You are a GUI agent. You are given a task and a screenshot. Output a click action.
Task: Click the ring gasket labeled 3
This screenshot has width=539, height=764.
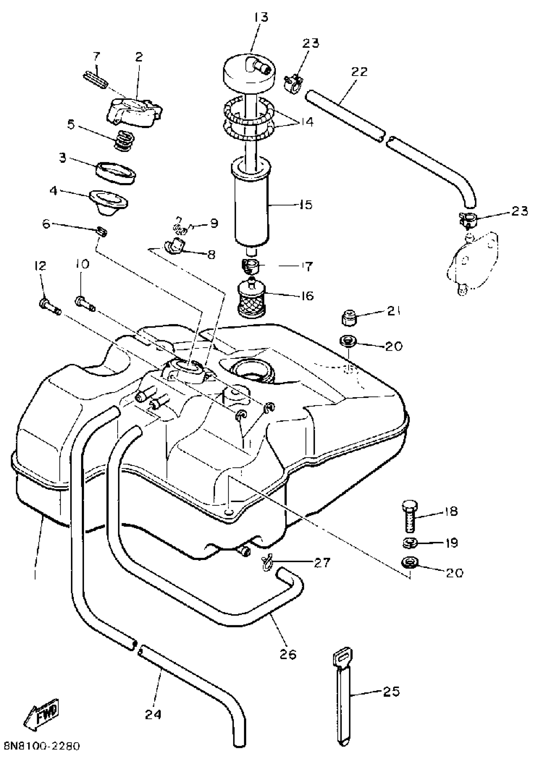(115, 172)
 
